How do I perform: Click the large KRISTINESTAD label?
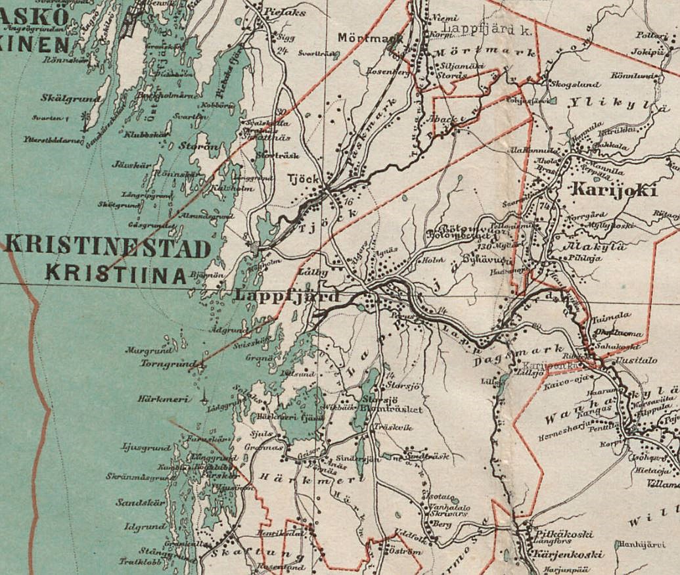tap(108, 249)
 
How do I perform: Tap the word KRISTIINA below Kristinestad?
tap(116, 273)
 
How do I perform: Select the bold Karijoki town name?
tap(614, 190)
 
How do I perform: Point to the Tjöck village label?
tap(304, 179)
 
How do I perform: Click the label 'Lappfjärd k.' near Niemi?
tap(478, 29)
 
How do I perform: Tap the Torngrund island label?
tap(168, 363)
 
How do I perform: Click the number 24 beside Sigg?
tap(283, 51)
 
